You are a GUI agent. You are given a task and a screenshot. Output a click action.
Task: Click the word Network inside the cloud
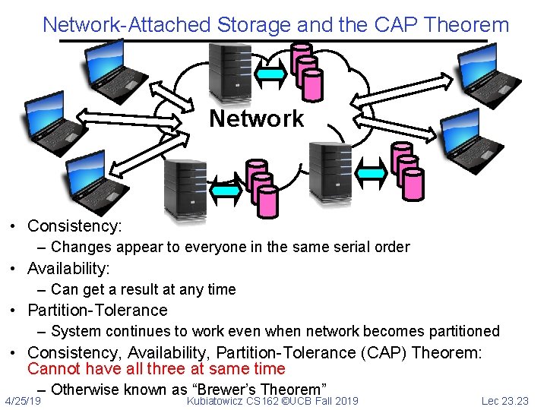[x=256, y=118]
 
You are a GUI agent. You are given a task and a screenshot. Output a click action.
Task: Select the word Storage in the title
[x=254, y=24]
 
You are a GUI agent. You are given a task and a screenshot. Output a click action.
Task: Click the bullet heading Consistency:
[x=74, y=225]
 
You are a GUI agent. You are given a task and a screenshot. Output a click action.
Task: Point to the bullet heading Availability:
[x=68, y=268]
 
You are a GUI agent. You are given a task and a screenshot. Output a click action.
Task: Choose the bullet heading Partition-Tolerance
[x=97, y=310]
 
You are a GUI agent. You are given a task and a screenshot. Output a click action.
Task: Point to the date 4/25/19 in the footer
[x=23, y=400]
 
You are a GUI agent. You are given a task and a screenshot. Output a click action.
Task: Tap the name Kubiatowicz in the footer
[x=215, y=400]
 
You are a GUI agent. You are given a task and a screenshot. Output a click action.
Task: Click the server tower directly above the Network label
[x=226, y=74]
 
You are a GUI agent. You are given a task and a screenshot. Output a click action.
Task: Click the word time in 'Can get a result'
[x=220, y=289]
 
